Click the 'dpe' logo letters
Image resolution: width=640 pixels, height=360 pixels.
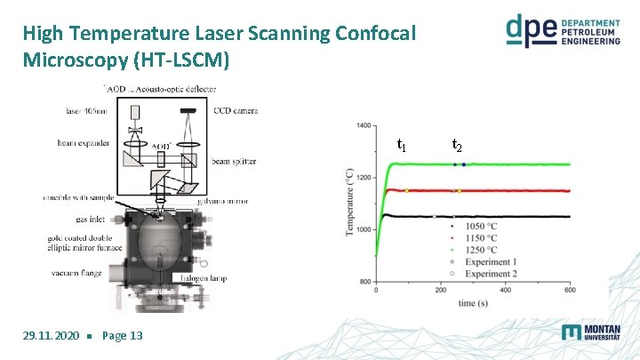pos(532,30)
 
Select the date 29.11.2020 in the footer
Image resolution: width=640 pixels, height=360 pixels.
pos(50,335)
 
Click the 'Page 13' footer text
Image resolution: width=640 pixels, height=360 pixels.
pos(123,335)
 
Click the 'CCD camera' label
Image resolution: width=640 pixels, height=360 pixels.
pos(236,111)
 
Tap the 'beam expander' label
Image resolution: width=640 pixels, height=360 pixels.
pos(84,142)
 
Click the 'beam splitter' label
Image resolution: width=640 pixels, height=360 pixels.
pos(234,162)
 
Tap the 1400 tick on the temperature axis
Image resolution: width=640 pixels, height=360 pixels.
pos(364,125)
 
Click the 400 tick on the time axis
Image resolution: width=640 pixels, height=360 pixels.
pos(505,289)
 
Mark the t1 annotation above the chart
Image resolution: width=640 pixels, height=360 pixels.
pos(402,144)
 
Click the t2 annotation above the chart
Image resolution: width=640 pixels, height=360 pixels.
pos(456,144)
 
